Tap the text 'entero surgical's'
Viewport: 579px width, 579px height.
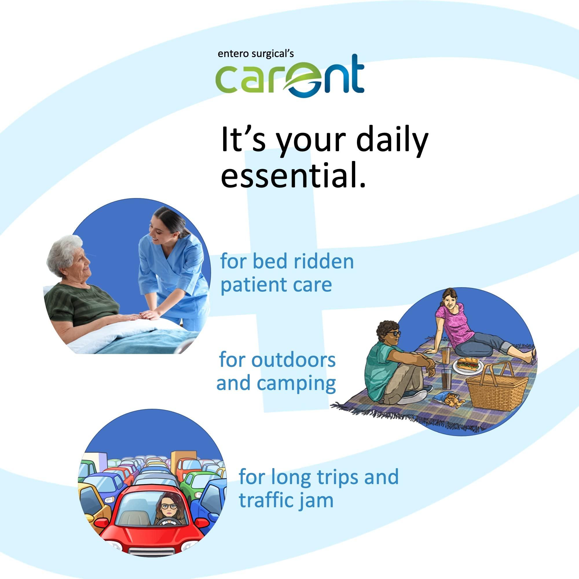pyautogui.click(x=256, y=54)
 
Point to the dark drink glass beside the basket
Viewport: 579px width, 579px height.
pyautogui.click(x=446, y=378)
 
